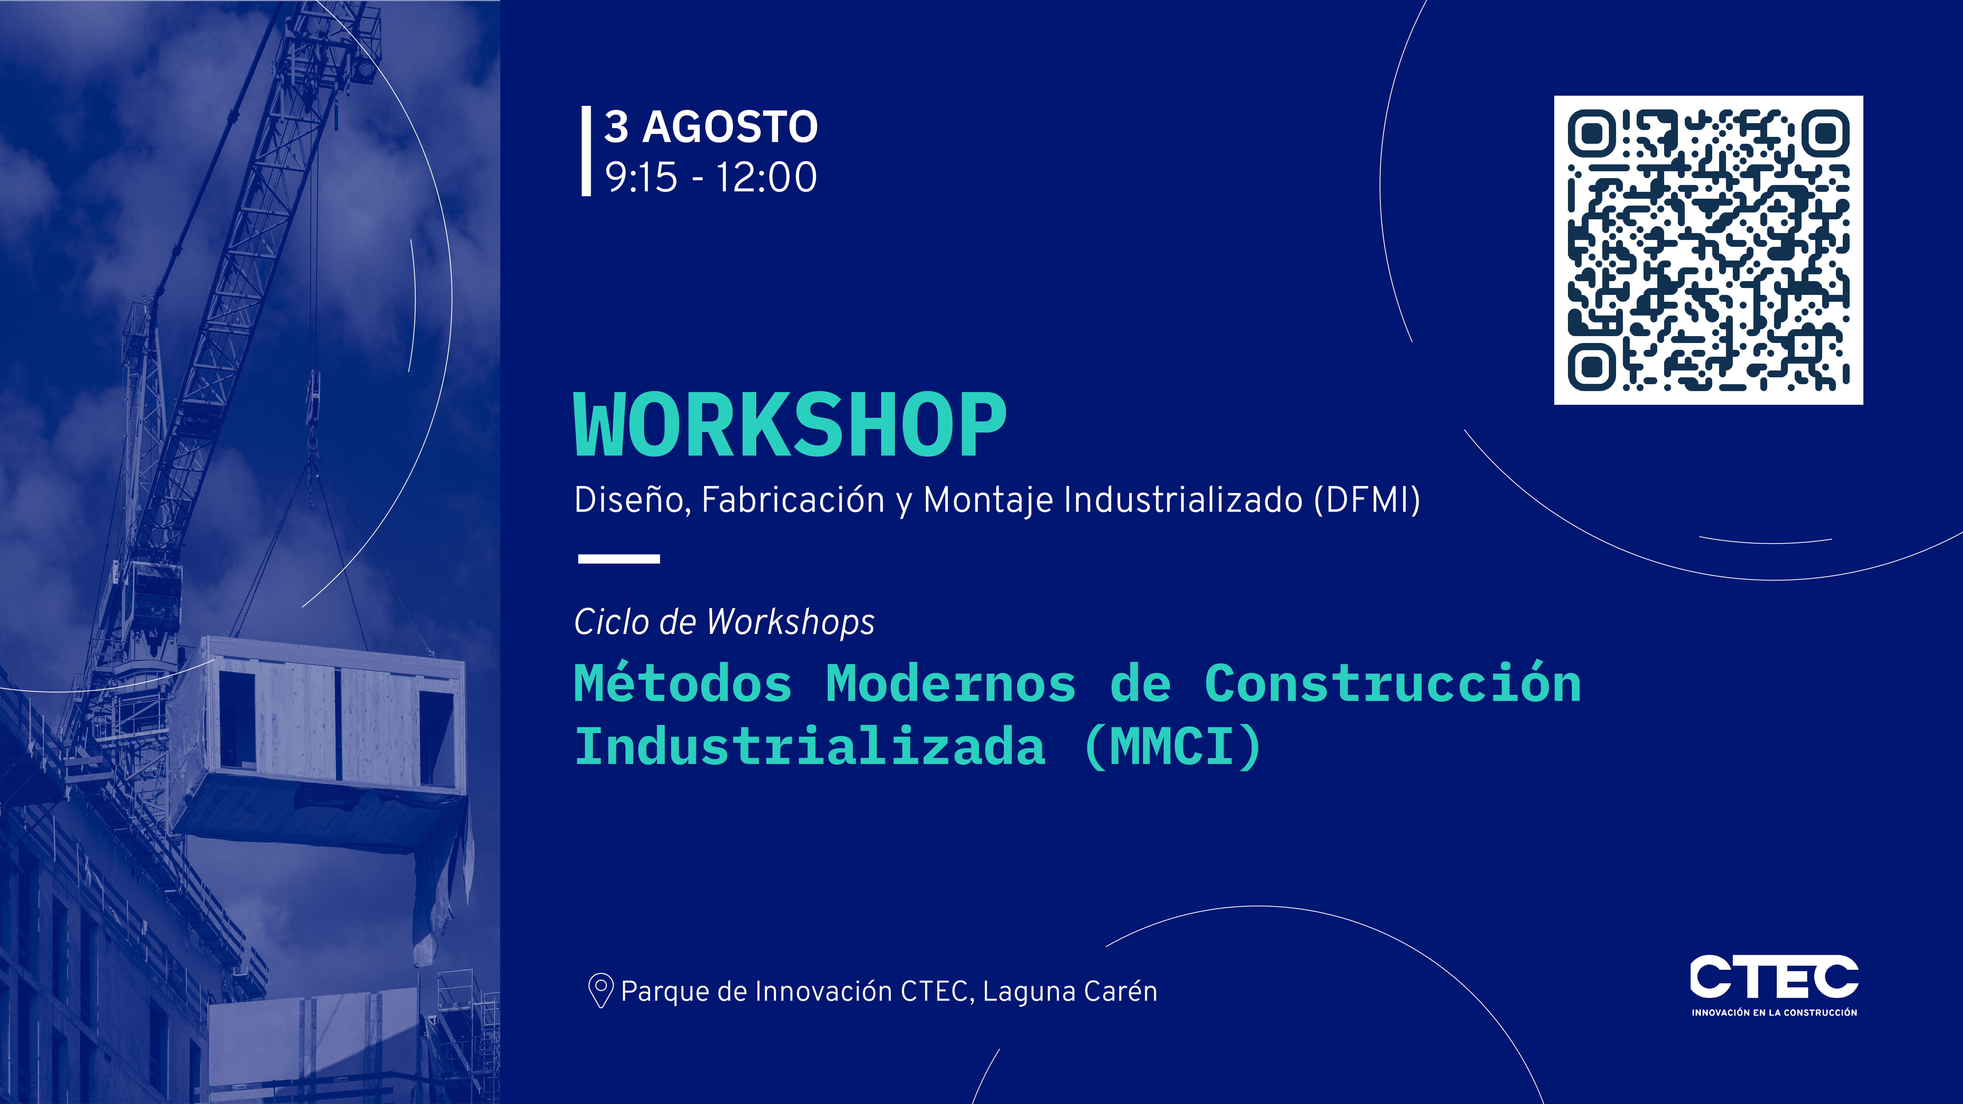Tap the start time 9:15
click(x=641, y=178)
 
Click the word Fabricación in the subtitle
click(x=793, y=500)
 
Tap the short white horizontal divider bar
click(x=619, y=558)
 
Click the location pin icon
click(x=600, y=990)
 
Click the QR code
click(x=1709, y=250)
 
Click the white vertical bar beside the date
click(x=586, y=151)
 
